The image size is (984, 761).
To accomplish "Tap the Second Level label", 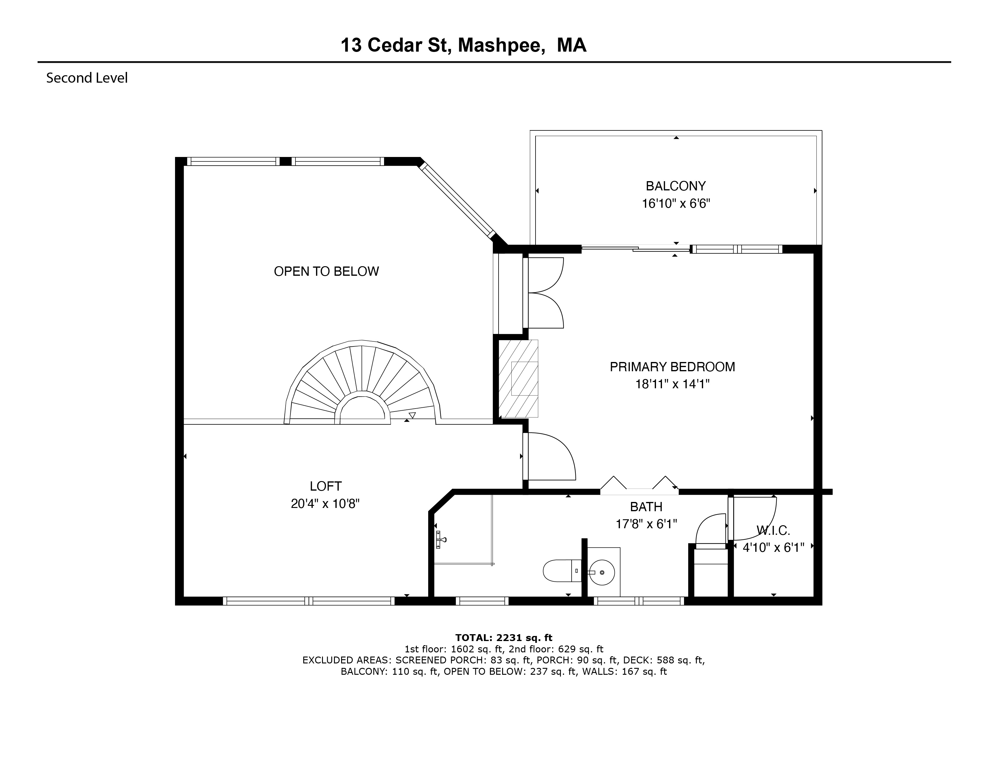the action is click(x=87, y=78).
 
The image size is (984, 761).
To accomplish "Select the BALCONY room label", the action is click(x=675, y=186).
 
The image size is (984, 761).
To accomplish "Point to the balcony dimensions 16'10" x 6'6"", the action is click(x=676, y=203).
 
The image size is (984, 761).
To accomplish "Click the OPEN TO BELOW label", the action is click(x=326, y=271).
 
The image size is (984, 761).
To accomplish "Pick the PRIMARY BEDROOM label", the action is click(x=672, y=367).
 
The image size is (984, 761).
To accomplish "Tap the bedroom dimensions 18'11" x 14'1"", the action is click(x=672, y=384).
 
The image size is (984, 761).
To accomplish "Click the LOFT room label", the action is click(x=325, y=486).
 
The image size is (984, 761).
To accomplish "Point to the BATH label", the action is click(x=646, y=507).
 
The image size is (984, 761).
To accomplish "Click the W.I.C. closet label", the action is click(x=773, y=530).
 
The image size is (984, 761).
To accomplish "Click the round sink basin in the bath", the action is click(x=602, y=572).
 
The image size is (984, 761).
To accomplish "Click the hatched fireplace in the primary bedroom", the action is click(x=518, y=378).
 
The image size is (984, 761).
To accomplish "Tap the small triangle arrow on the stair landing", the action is click(x=412, y=415).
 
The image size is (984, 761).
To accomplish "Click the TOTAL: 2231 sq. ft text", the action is click(x=504, y=637).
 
